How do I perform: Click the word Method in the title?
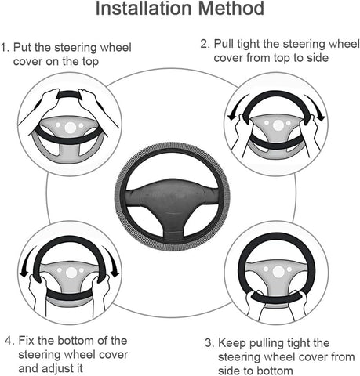coord(231,10)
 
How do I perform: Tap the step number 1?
coord(5,48)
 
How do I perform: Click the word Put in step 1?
coord(27,48)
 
